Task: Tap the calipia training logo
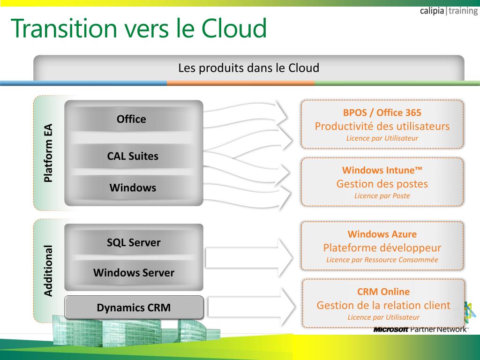click(449, 11)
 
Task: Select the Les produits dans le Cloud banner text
click(248, 68)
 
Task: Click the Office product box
click(131, 119)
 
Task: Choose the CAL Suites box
click(133, 156)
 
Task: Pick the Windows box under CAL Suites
click(133, 188)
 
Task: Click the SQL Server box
click(134, 242)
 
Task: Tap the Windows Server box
click(134, 272)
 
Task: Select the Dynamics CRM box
click(134, 307)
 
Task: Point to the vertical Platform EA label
click(48, 153)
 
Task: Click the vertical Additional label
click(48, 270)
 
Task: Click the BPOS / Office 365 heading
click(382, 112)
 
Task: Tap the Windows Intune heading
click(382, 170)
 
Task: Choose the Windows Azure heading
click(382, 234)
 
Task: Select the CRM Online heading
click(383, 292)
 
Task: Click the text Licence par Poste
click(382, 196)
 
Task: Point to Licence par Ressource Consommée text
click(382, 260)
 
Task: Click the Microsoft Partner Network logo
click(420, 329)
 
